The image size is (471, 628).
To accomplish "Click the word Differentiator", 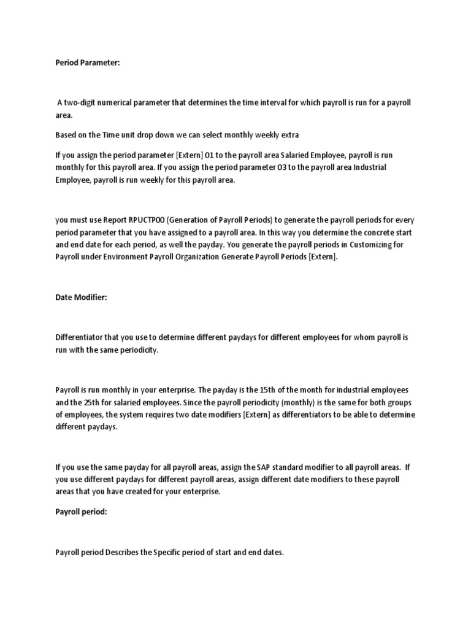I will point(80,337).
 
